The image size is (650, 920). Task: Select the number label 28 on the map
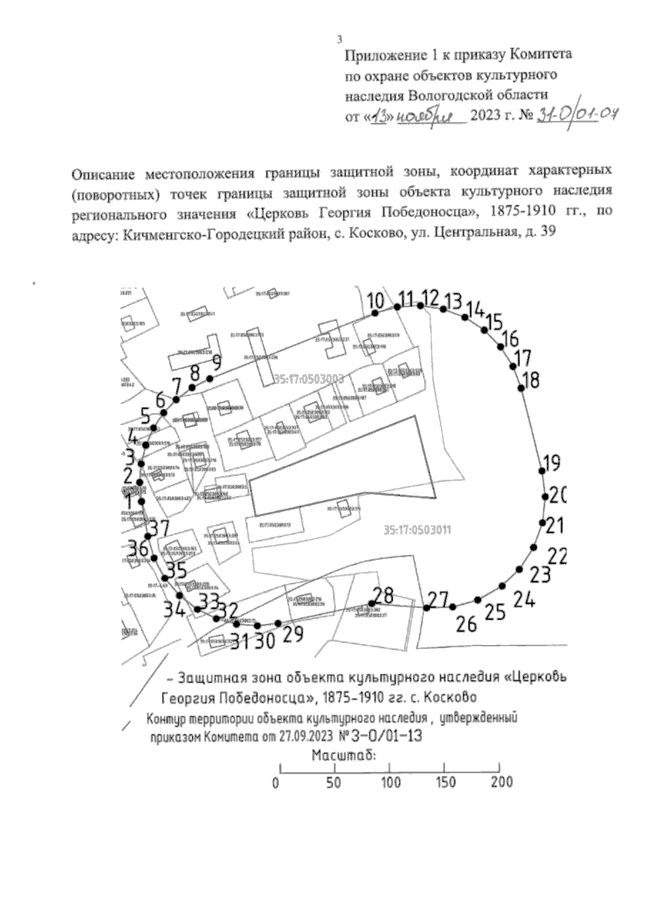point(383,595)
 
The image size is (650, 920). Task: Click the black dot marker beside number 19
point(542,471)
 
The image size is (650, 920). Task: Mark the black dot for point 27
point(427,608)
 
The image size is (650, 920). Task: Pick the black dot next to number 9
point(211,378)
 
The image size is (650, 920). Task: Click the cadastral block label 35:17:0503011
point(417,530)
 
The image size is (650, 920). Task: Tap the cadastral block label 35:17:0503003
point(309,379)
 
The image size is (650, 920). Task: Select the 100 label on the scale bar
point(391,782)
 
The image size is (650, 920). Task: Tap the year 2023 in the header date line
point(486,116)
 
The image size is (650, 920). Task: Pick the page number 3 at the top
point(339,39)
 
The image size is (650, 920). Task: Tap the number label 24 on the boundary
point(524,600)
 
